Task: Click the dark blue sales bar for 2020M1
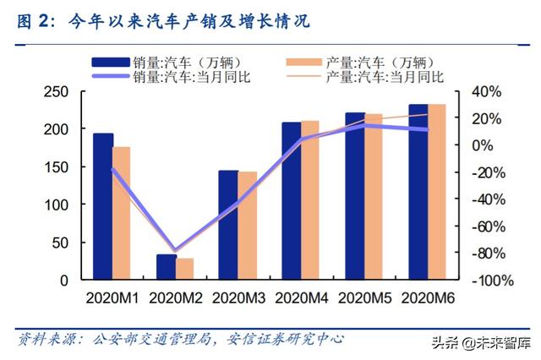pos(103,206)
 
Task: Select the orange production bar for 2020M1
pos(122,213)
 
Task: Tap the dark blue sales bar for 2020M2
pos(167,267)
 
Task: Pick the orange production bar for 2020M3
pos(248,225)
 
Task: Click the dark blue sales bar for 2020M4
pos(292,200)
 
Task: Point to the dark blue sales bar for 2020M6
pos(418,192)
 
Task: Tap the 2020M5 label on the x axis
pos(365,297)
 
